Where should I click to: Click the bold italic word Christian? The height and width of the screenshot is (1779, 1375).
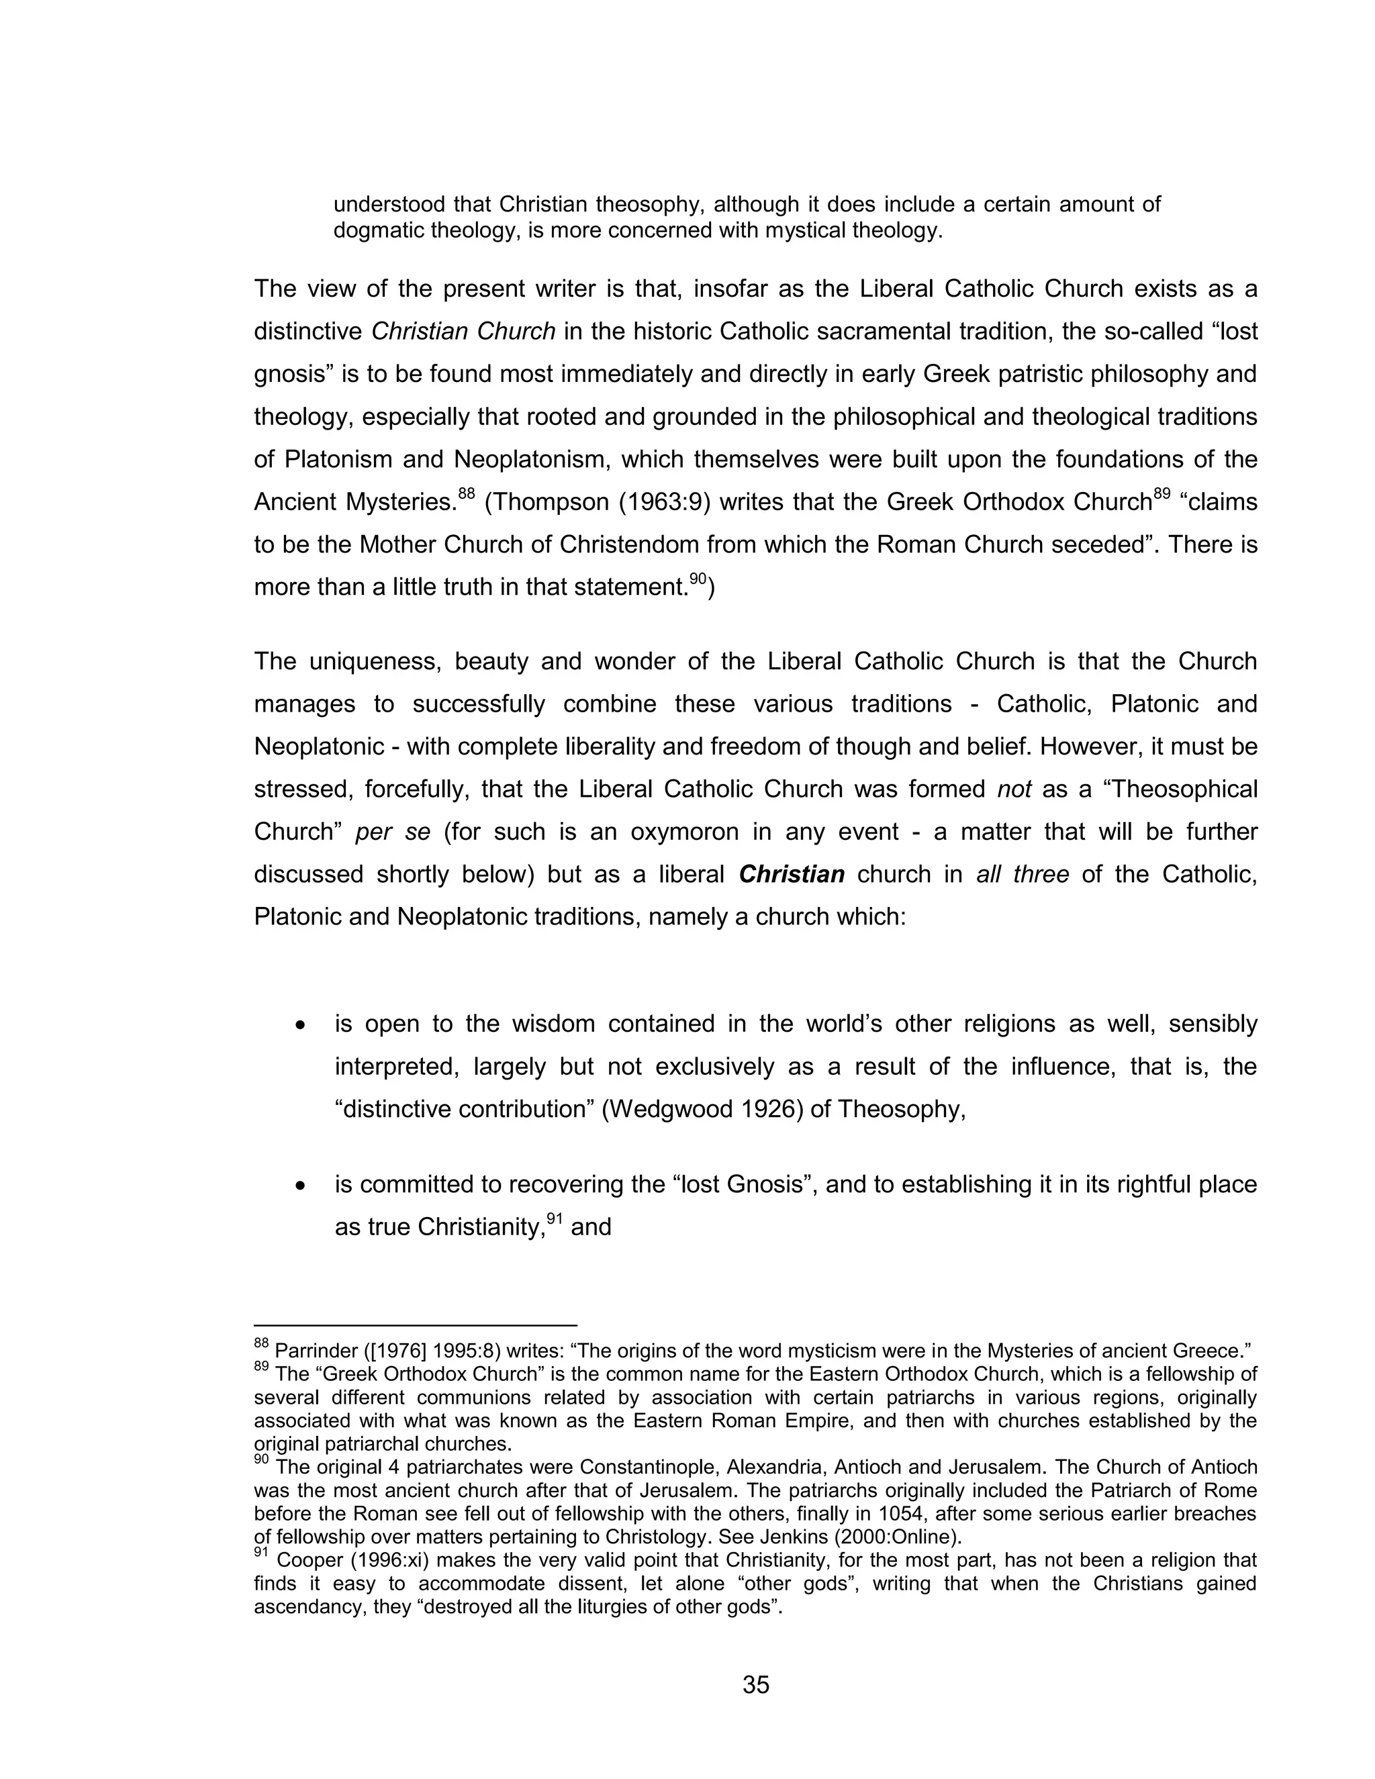[791, 875]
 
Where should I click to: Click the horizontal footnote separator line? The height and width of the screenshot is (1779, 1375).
[416, 1325]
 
